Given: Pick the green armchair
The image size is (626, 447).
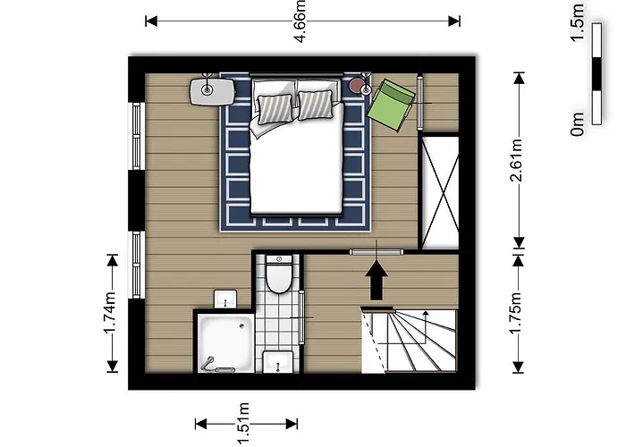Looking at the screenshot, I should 393,104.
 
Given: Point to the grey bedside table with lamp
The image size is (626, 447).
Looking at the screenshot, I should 211,89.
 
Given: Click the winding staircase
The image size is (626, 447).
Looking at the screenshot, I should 410,341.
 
